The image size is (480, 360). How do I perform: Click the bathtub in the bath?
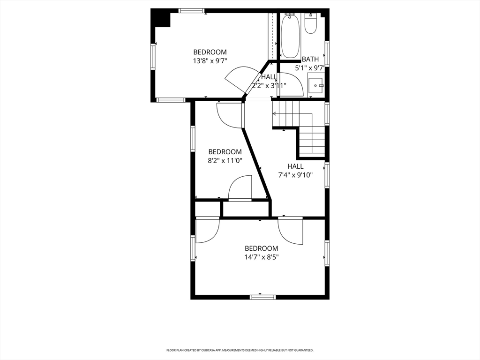(290, 36)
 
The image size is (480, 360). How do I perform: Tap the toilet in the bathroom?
(310, 23)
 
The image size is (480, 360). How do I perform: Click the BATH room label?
(310, 59)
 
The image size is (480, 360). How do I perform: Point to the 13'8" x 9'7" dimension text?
(210, 61)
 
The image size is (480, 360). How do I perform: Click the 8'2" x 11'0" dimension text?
(225, 160)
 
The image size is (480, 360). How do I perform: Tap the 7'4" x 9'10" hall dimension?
(295, 175)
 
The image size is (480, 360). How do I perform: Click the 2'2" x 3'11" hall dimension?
(269, 86)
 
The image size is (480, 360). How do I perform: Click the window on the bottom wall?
(262, 297)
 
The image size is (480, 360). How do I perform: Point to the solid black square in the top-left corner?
(160, 18)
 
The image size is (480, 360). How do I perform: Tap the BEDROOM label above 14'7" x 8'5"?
(262, 248)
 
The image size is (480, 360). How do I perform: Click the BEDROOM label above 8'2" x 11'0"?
(225, 152)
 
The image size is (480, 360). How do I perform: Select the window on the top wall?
(192, 11)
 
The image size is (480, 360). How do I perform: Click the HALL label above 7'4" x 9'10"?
(295, 166)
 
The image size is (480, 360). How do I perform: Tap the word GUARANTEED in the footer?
(306, 350)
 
